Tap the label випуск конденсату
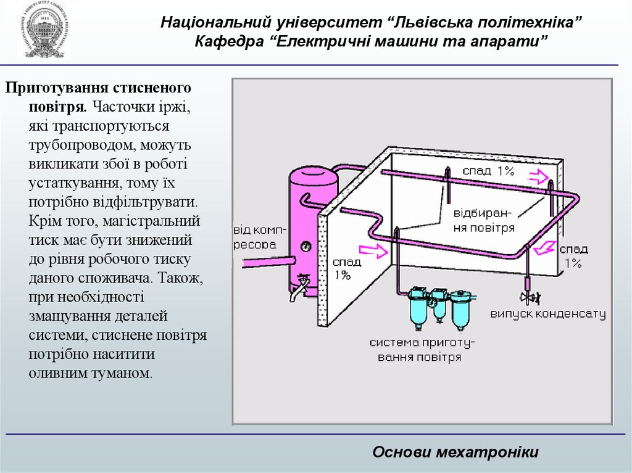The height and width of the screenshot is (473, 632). coord(548,315)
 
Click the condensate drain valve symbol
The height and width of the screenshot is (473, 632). coord(528,298)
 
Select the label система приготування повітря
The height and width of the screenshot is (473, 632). coord(423,350)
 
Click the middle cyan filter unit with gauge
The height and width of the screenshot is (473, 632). coord(439,302)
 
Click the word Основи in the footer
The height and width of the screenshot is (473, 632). coord(401,452)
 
